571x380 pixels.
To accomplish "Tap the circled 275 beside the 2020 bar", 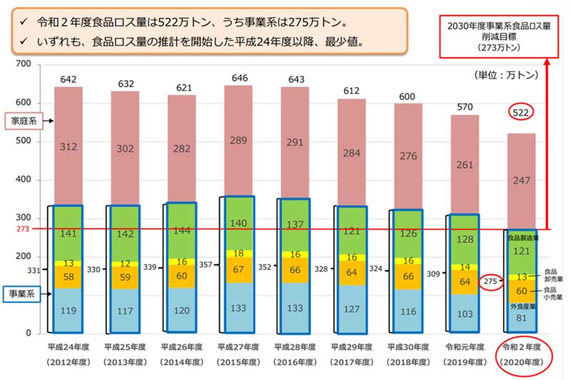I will (492, 281).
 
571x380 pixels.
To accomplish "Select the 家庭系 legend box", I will (23, 121).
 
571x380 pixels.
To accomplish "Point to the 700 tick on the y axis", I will (23, 65).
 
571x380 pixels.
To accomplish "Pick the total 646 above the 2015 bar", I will (239, 77).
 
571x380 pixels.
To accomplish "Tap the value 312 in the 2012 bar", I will (69, 147).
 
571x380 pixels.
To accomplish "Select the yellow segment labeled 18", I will (239, 254).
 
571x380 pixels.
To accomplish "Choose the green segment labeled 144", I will (183, 231).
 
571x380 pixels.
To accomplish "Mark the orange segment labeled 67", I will (239, 270).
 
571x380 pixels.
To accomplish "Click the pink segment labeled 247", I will (521, 181).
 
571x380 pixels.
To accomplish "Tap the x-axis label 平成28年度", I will (295, 347).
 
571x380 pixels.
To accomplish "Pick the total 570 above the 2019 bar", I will (464, 106).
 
